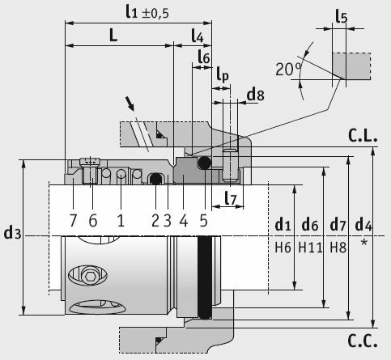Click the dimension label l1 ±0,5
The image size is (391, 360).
point(147,12)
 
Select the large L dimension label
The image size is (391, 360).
point(113,35)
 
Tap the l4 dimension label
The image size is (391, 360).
point(198,36)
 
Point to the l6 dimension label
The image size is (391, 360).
point(204,57)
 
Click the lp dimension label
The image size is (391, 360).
point(223,74)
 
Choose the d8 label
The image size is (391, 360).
point(256,95)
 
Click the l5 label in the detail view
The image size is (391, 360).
point(342,17)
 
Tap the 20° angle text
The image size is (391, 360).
point(288,69)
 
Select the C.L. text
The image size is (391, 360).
point(363,136)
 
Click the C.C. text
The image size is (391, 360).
point(363,341)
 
